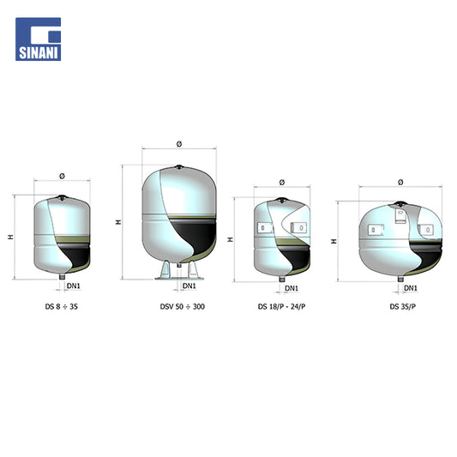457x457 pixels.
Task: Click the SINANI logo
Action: [39, 39]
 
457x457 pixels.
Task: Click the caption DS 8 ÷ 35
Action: [62, 307]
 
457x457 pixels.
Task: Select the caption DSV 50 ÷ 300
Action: [183, 307]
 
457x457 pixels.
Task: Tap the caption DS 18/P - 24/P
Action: [281, 307]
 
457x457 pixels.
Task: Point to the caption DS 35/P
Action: [403, 307]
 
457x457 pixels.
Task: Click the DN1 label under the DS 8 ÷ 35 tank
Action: [74, 286]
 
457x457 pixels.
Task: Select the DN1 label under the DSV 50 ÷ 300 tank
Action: [189, 286]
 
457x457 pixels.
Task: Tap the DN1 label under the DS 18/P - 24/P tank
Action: [292, 288]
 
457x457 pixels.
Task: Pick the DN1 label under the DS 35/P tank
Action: [411, 288]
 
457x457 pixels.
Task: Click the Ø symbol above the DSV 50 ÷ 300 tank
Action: [179, 144]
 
